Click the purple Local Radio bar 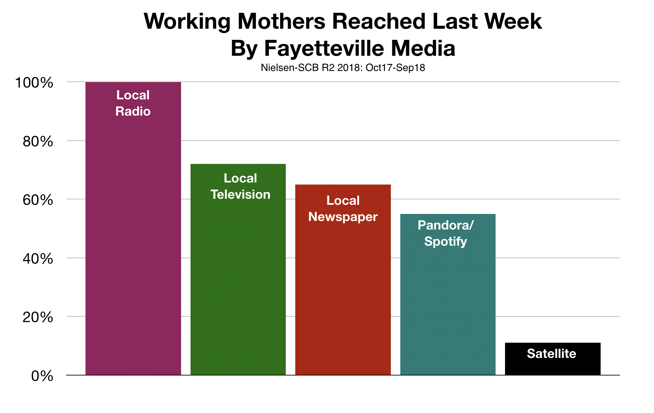click(x=133, y=228)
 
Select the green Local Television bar click(x=238, y=269)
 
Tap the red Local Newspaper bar click(x=343, y=280)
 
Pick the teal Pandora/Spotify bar click(x=448, y=294)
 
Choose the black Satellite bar click(x=553, y=359)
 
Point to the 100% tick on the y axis click(x=34, y=83)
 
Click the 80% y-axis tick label click(x=38, y=142)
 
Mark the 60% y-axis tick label click(x=38, y=200)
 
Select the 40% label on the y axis click(x=38, y=259)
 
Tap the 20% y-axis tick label click(x=38, y=317)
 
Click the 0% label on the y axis click(x=42, y=376)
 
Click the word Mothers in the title click(x=281, y=21)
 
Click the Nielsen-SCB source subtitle click(x=343, y=68)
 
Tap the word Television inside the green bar click(x=241, y=194)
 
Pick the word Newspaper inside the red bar click(x=343, y=217)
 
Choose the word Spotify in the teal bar click(x=446, y=241)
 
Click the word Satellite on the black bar click(x=552, y=354)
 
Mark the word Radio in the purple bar click(x=133, y=111)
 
